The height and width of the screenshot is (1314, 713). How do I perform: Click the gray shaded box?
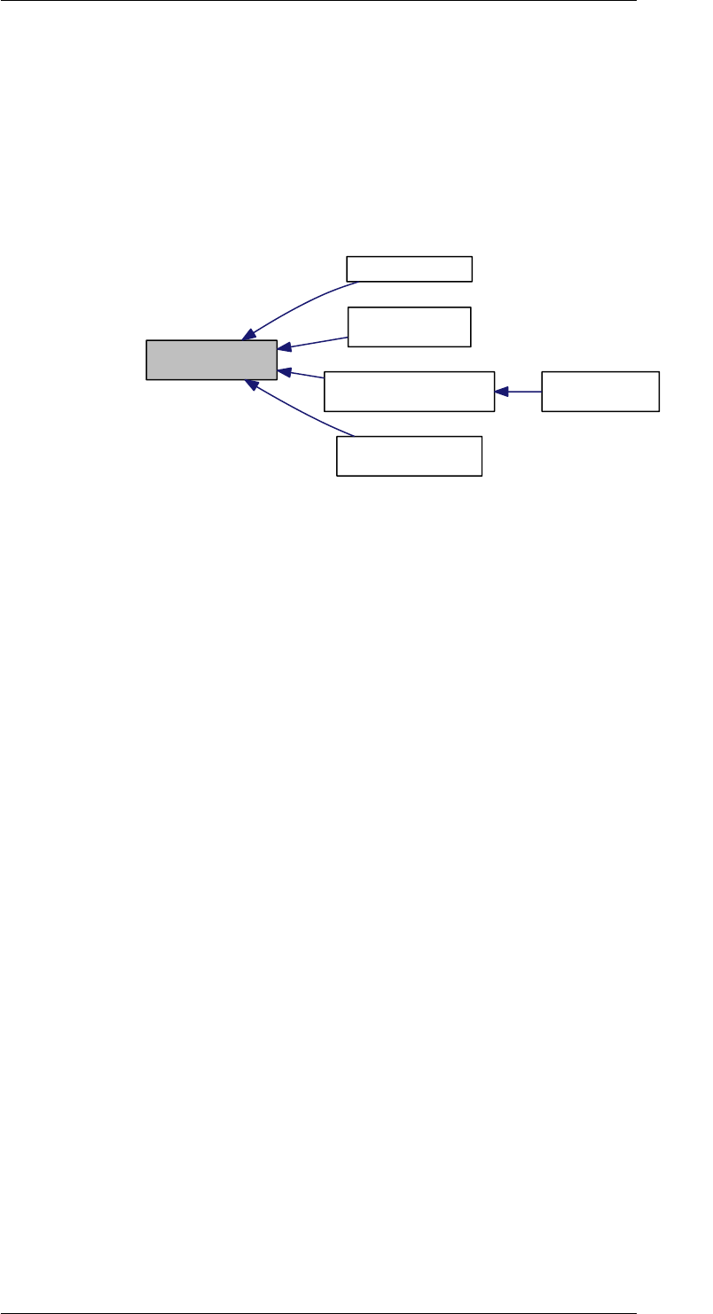(x=212, y=360)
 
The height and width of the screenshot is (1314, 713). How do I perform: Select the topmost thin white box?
(x=409, y=268)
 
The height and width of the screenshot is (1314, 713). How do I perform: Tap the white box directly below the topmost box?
(x=409, y=327)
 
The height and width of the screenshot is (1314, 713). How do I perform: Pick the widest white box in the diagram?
(x=409, y=392)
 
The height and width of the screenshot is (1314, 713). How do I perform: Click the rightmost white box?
(x=600, y=392)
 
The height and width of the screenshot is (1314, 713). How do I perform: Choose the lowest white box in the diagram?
(x=409, y=456)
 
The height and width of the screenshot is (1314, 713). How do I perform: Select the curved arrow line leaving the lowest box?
(x=302, y=413)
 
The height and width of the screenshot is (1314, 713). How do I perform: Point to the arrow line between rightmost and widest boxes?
(x=523, y=392)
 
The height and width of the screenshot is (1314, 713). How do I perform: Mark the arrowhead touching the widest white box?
(x=501, y=392)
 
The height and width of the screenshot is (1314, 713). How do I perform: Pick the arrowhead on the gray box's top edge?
(x=247, y=334)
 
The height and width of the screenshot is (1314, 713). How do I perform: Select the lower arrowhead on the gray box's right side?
(x=284, y=371)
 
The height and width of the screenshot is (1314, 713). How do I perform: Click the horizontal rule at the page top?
(x=319, y=1)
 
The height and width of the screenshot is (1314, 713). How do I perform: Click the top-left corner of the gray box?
(x=146, y=340)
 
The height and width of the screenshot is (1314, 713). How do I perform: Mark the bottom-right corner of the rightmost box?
(x=659, y=411)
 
